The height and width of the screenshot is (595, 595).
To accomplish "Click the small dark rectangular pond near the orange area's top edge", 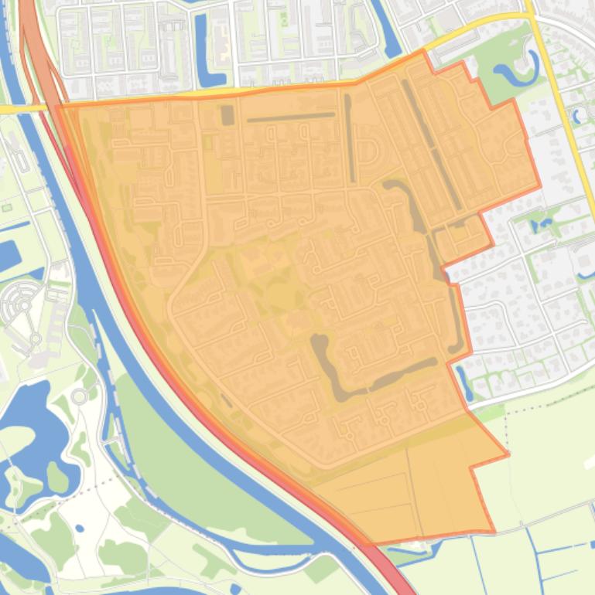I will pyautogui.click(x=227, y=115).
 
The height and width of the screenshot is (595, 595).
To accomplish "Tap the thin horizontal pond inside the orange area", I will pyautogui.click(x=290, y=117).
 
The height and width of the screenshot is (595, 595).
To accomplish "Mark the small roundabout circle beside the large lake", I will pyautogui.click(x=79, y=397).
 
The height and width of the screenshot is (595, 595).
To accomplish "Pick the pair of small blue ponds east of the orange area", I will pyautogui.click(x=542, y=224).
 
